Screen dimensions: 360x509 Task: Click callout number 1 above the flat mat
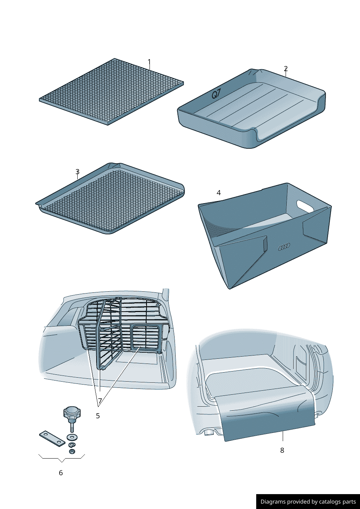pyautogui.click(x=149, y=62)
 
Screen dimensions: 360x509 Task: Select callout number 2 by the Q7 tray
pyautogui.click(x=286, y=69)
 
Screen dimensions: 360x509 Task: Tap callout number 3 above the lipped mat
pyautogui.click(x=78, y=172)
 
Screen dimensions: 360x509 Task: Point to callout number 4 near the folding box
pyautogui.click(x=218, y=193)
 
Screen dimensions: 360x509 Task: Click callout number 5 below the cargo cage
pyautogui.click(x=98, y=416)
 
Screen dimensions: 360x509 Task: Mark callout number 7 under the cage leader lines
pyautogui.click(x=100, y=401)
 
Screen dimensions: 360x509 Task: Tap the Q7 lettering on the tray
pyautogui.click(x=216, y=94)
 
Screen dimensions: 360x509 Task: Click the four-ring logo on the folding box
pyautogui.click(x=284, y=247)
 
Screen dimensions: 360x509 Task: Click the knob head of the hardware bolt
pyautogui.click(x=72, y=412)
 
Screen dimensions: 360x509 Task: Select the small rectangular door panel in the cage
pyautogui.click(x=146, y=337)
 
